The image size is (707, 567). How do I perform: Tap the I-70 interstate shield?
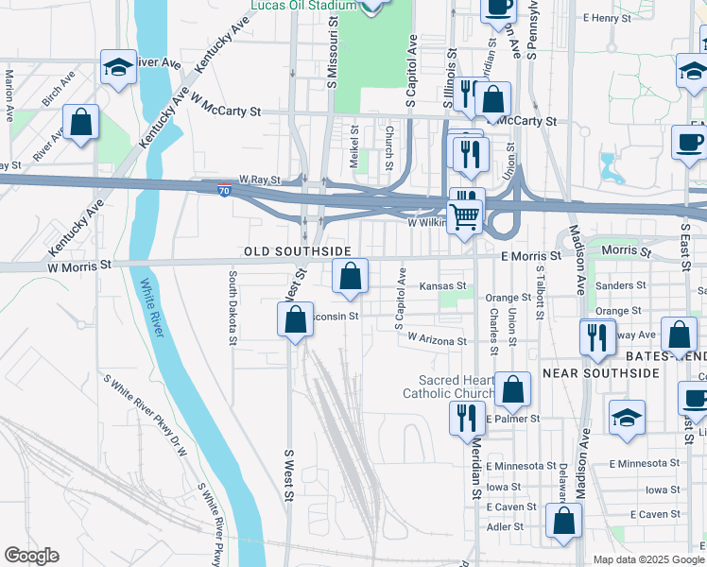coord(224,189)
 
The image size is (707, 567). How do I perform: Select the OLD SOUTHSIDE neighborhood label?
coord(298,251)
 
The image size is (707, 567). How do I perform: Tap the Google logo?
coord(31,556)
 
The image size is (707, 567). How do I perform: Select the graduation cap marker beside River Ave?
coord(118,67)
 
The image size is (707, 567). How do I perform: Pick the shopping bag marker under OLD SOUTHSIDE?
coord(350,276)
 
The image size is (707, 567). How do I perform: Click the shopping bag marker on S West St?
coord(295,319)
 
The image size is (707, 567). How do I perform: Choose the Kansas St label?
coord(443,285)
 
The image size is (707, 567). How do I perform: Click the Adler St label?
coord(505,526)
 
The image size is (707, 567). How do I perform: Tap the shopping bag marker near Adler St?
coord(564,521)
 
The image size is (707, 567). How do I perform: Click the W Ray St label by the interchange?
coord(259,179)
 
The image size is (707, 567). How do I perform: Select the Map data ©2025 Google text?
coord(647,559)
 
